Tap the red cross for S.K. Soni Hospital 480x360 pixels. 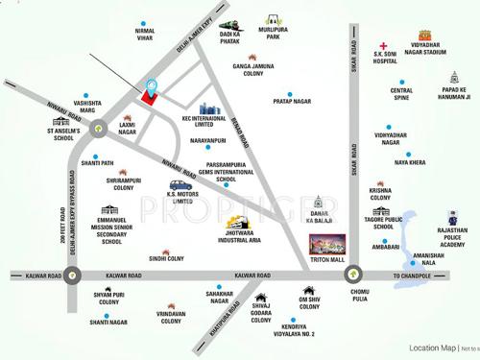click(383, 47)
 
